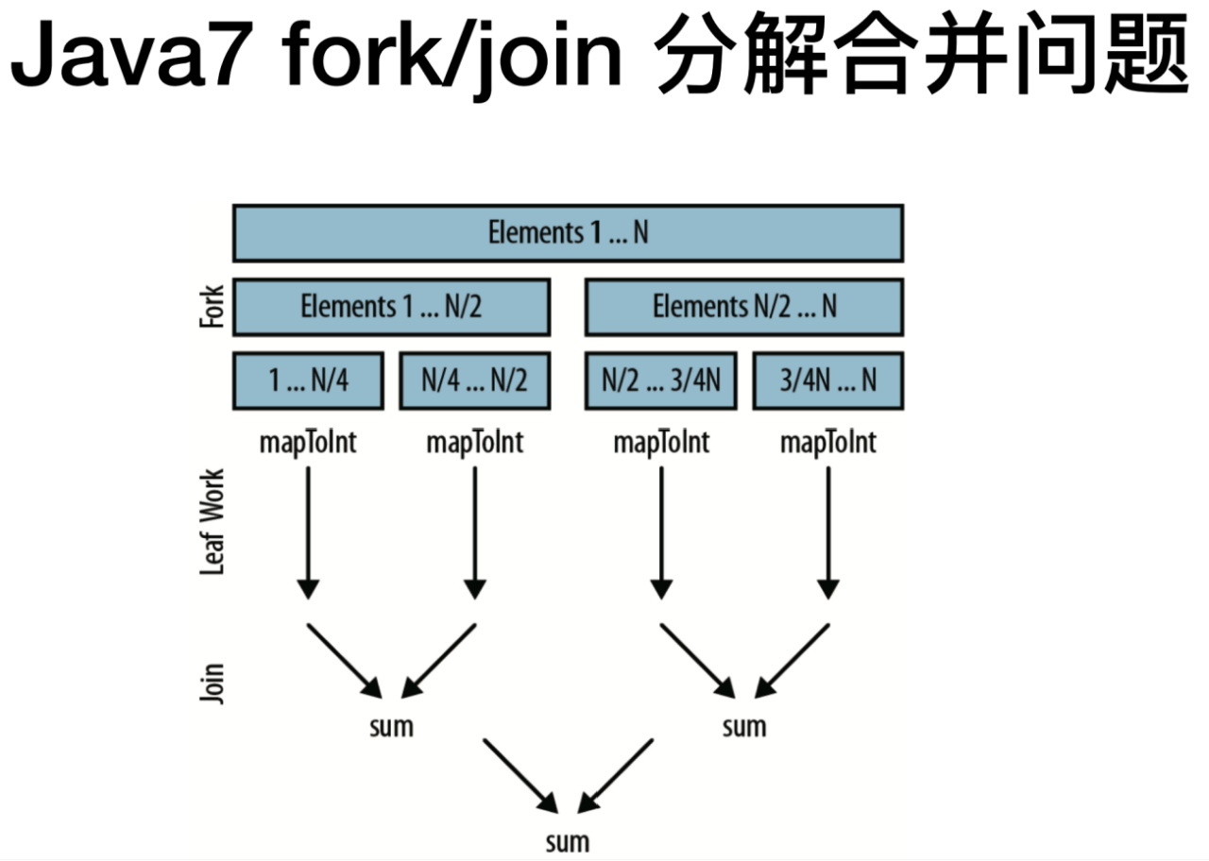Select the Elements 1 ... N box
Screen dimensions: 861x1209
pos(568,232)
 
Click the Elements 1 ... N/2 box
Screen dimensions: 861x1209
pos(391,306)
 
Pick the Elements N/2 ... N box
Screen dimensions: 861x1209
pos(744,306)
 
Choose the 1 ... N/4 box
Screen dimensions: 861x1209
pos(308,380)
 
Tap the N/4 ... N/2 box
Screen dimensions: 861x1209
pos(474,380)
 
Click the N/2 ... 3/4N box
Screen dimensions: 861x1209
pos(660,380)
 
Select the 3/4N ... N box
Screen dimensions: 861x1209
pos(827,380)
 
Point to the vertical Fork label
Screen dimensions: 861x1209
pos(213,307)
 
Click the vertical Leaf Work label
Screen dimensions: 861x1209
pos(213,521)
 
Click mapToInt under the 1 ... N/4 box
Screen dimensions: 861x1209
pos(308,442)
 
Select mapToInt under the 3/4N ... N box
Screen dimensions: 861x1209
pos(827,442)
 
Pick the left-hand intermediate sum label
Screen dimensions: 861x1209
pos(391,727)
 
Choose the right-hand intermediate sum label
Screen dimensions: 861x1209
pos(744,727)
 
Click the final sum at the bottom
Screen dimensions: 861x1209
pos(568,841)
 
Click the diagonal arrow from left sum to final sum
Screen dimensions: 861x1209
pos(519,774)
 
